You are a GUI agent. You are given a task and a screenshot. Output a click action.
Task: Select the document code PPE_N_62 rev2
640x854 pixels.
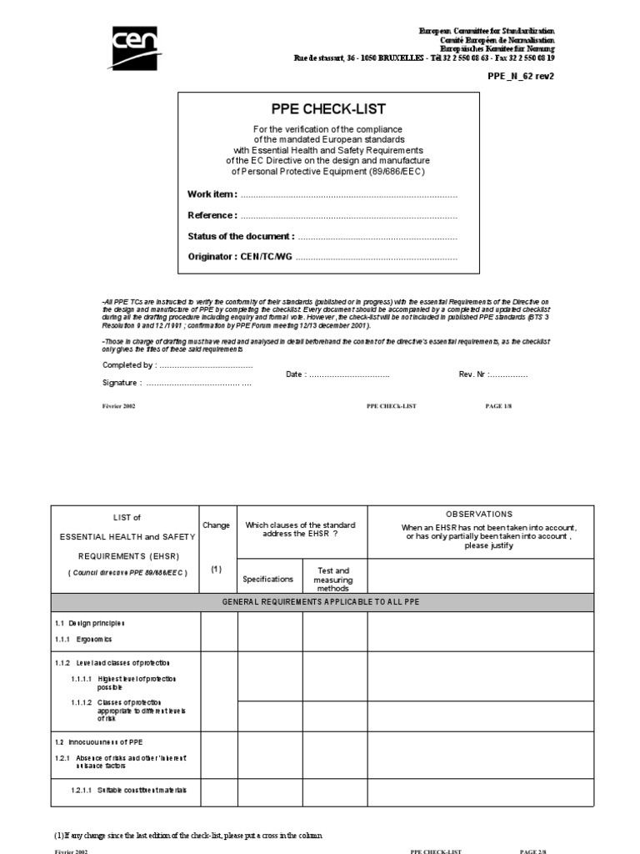point(521,75)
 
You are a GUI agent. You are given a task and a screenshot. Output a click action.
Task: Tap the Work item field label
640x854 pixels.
point(212,194)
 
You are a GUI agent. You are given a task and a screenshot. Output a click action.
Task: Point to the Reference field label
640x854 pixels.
point(212,215)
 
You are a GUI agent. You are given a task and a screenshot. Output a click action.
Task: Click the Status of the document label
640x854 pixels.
point(241,237)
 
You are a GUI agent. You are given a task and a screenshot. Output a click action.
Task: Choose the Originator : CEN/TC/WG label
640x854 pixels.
point(241,258)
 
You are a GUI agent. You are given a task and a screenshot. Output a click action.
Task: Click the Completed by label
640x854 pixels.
point(128,365)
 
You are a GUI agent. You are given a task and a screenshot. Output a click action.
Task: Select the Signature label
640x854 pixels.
point(122,383)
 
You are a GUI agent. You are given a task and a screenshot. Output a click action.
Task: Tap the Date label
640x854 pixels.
point(296,374)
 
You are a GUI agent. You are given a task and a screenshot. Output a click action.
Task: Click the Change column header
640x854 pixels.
point(216,525)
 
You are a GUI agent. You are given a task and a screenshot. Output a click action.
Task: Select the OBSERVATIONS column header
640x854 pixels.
point(481,515)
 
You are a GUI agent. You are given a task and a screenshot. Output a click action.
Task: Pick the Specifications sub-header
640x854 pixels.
point(267,579)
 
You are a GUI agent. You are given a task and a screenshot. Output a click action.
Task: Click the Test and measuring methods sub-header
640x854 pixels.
point(333,579)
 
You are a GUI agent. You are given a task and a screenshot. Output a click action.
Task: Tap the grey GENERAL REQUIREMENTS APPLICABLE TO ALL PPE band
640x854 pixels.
point(322,602)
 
